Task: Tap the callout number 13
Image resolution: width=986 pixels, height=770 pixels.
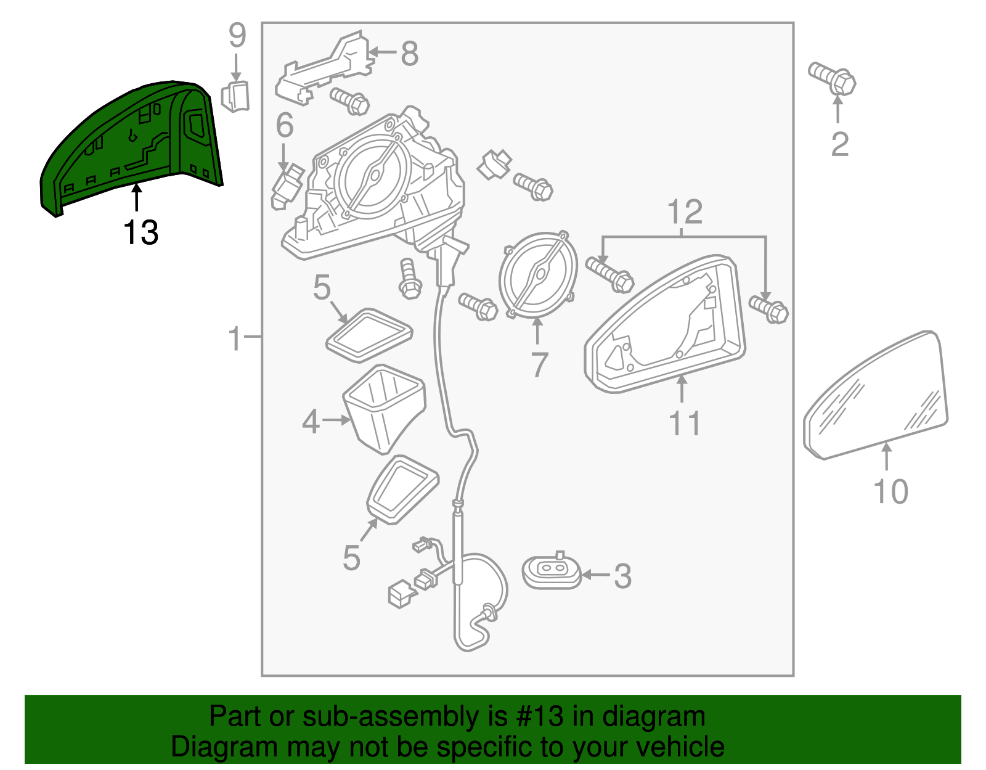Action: click(x=141, y=233)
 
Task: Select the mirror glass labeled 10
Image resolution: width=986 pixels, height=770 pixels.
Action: click(x=875, y=398)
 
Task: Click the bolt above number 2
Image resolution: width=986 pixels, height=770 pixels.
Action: click(x=833, y=78)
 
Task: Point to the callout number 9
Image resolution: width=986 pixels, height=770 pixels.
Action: click(x=237, y=36)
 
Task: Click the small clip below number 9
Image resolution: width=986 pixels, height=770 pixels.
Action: click(x=235, y=96)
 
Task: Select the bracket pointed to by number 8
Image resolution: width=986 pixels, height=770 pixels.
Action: click(x=327, y=68)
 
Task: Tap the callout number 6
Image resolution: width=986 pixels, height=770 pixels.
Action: click(x=284, y=126)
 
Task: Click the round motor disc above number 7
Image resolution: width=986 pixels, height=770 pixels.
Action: click(x=539, y=274)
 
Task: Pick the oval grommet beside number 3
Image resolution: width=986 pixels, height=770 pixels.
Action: click(x=552, y=573)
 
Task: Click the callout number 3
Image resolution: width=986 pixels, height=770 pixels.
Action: click(x=622, y=576)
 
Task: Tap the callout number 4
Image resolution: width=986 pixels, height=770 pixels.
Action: click(x=311, y=422)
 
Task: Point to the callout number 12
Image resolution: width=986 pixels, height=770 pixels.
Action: click(x=684, y=212)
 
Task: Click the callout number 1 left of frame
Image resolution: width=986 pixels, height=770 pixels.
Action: click(x=235, y=338)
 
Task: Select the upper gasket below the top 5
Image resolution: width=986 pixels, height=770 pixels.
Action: click(x=369, y=335)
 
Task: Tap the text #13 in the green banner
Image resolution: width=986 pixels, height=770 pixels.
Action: click(x=536, y=717)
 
